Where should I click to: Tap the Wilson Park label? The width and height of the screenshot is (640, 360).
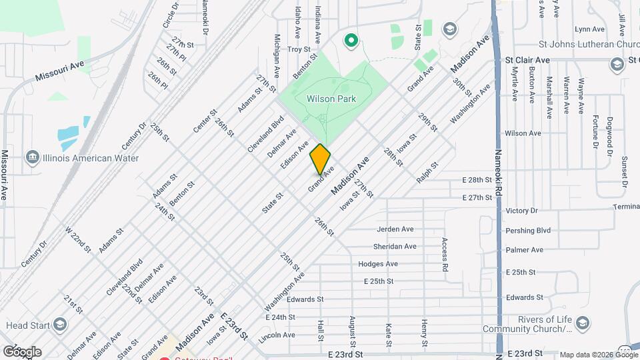[x=331, y=99]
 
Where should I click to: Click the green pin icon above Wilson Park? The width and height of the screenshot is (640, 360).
[x=351, y=41]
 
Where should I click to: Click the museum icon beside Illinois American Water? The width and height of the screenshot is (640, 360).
[x=31, y=158]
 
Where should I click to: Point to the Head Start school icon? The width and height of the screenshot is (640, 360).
[x=59, y=325]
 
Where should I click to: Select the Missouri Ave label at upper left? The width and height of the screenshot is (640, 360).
[x=61, y=71]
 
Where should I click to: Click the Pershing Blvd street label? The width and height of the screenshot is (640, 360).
[x=528, y=230]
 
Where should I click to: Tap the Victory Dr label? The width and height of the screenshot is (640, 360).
[x=521, y=211]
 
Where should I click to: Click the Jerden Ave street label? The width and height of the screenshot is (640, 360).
[x=395, y=229]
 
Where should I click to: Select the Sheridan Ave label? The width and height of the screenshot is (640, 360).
[x=395, y=246]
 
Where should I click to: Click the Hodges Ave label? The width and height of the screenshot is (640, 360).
[x=378, y=264]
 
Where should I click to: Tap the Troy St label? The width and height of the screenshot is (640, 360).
[x=299, y=49]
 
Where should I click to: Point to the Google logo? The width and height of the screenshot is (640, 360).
[x=22, y=351]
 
